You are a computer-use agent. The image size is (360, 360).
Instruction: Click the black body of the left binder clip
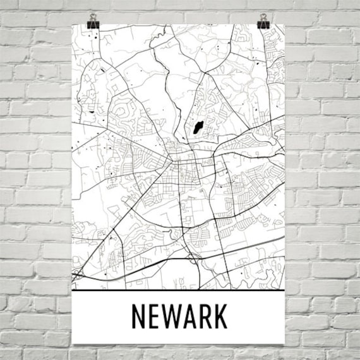[x=95, y=24]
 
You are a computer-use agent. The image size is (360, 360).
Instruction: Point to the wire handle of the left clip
[x=95, y=15]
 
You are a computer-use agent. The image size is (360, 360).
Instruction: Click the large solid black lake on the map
[x=198, y=129]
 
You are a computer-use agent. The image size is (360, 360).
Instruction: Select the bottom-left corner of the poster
[x=73, y=346]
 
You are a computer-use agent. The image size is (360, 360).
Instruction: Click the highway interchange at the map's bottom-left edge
[x=77, y=273]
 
